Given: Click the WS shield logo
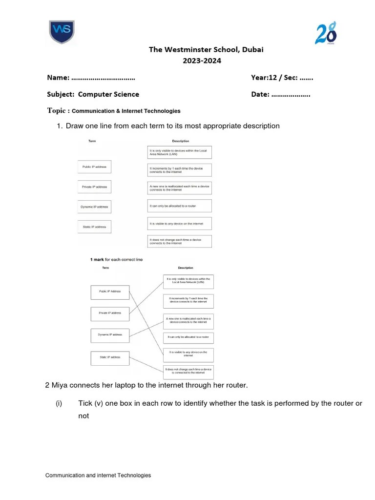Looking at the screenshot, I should click(61, 32).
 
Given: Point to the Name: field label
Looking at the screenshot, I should click(58, 78).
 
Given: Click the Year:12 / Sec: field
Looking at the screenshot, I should click(282, 78).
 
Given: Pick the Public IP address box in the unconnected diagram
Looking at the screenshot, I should click(94, 167).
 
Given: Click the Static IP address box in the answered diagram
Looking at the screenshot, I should click(110, 357).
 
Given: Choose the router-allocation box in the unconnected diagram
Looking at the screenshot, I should click(180, 206).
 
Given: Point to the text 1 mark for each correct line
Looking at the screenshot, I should click(116, 259).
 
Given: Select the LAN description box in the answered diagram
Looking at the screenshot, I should click(188, 281).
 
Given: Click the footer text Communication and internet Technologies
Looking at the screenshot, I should click(98, 475).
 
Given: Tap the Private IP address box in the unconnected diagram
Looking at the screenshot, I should click(94, 187).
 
